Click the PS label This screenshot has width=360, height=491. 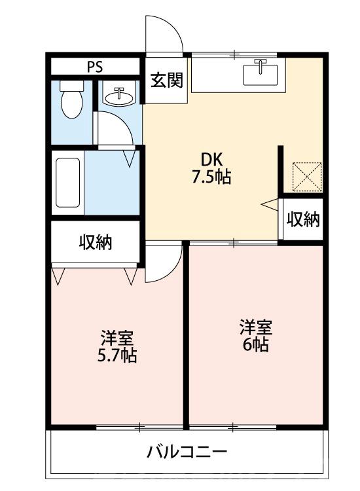click(x=95, y=67)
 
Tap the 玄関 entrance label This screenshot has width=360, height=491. click(x=166, y=81)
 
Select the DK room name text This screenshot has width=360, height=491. click(x=213, y=159)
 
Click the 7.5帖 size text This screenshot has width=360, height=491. click(x=213, y=177)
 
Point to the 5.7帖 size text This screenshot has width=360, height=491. click(x=117, y=357)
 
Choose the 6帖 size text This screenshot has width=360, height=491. click(x=256, y=344)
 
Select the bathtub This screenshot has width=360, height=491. click(x=67, y=183)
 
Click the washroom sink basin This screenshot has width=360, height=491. click(x=118, y=96)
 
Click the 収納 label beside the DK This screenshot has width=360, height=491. click(x=303, y=220)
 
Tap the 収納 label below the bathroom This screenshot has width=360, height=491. click(x=96, y=242)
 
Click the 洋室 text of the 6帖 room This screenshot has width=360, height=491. click(x=256, y=326)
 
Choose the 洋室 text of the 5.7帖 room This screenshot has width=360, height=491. click(x=117, y=339)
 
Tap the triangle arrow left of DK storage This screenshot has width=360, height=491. click(x=270, y=205)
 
